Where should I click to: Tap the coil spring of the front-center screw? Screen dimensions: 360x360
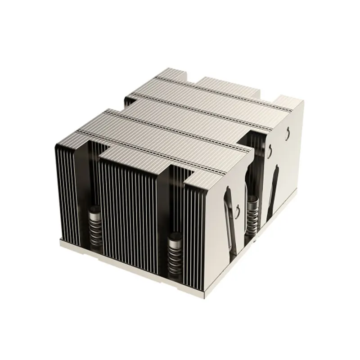tap(174, 252)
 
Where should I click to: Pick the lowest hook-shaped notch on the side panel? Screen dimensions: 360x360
tap(237, 208)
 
